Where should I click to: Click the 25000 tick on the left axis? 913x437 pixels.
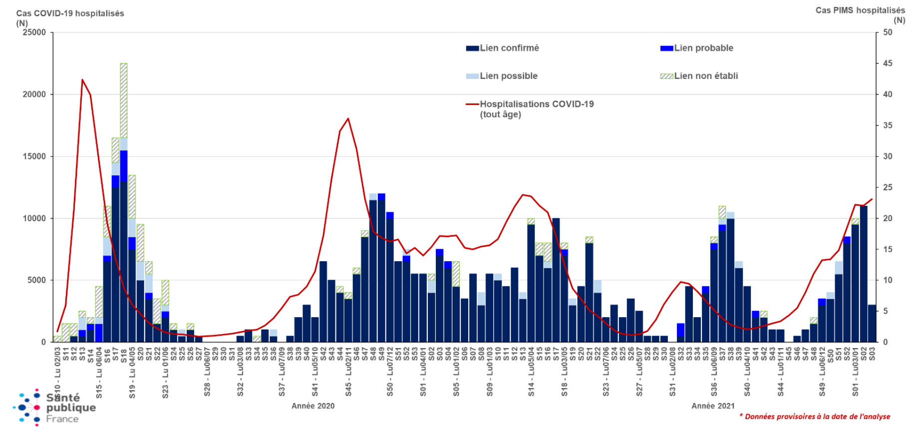pyautogui.click(x=34, y=32)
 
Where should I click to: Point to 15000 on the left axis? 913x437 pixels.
pyautogui.click(x=34, y=156)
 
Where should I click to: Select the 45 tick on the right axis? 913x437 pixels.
pyautogui.click(x=888, y=63)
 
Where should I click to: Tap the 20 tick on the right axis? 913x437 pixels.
pyautogui.click(x=888, y=218)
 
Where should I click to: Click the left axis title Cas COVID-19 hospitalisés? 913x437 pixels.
pyautogui.click(x=70, y=13)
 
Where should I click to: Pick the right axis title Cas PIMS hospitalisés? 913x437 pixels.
pyautogui.click(x=860, y=10)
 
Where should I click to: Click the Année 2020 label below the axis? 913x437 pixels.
pyautogui.click(x=313, y=406)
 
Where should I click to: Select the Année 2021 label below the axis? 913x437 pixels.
pyautogui.click(x=713, y=406)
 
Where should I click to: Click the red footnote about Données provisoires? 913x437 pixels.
pyautogui.click(x=815, y=417)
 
